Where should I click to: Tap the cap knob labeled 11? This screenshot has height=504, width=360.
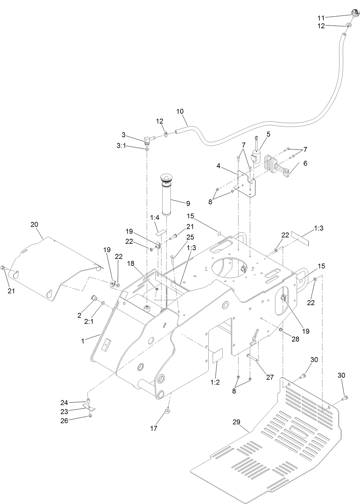(354, 13)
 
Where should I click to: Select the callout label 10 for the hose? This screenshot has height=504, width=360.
(180, 111)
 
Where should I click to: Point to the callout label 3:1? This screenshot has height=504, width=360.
(121, 147)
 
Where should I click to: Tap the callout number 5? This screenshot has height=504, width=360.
(268, 134)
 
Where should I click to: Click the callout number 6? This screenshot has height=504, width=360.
(305, 164)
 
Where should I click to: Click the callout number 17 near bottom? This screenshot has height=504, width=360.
(153, 428)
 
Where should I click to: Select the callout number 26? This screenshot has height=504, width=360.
(64, 421)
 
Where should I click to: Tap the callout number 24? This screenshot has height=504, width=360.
(64, 402)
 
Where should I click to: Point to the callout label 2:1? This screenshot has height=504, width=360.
(89, 321)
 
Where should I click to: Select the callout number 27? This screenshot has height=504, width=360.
(269, 378)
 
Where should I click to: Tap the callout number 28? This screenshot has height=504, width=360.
(295, 339)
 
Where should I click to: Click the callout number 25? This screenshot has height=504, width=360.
(190, 237)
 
